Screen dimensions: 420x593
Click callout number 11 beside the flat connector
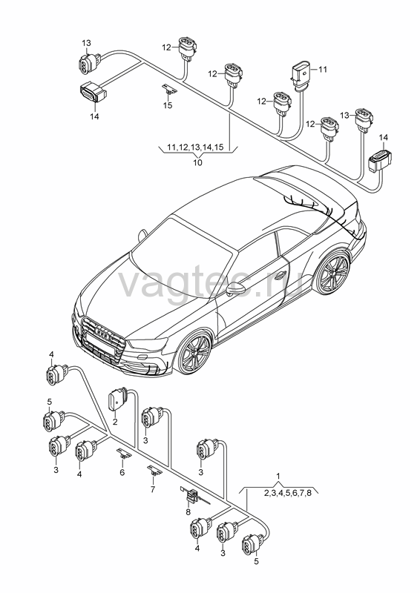click(322, 70)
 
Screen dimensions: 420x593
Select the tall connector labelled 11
click(301, 75)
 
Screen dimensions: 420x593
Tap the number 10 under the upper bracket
click(197, 162)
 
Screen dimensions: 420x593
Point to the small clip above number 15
click(170, 90)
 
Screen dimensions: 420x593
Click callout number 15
click(168, 105)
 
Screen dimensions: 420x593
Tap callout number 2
click(115, 421)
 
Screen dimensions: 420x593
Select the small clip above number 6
click(123, 454)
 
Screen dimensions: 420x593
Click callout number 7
click(153, 489)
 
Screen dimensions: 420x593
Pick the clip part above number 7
click(154, 470)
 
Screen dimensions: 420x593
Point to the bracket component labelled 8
click(193, 495)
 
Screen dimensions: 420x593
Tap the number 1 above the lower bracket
click(279, 475)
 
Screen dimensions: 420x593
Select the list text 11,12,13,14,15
click(196, 147)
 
